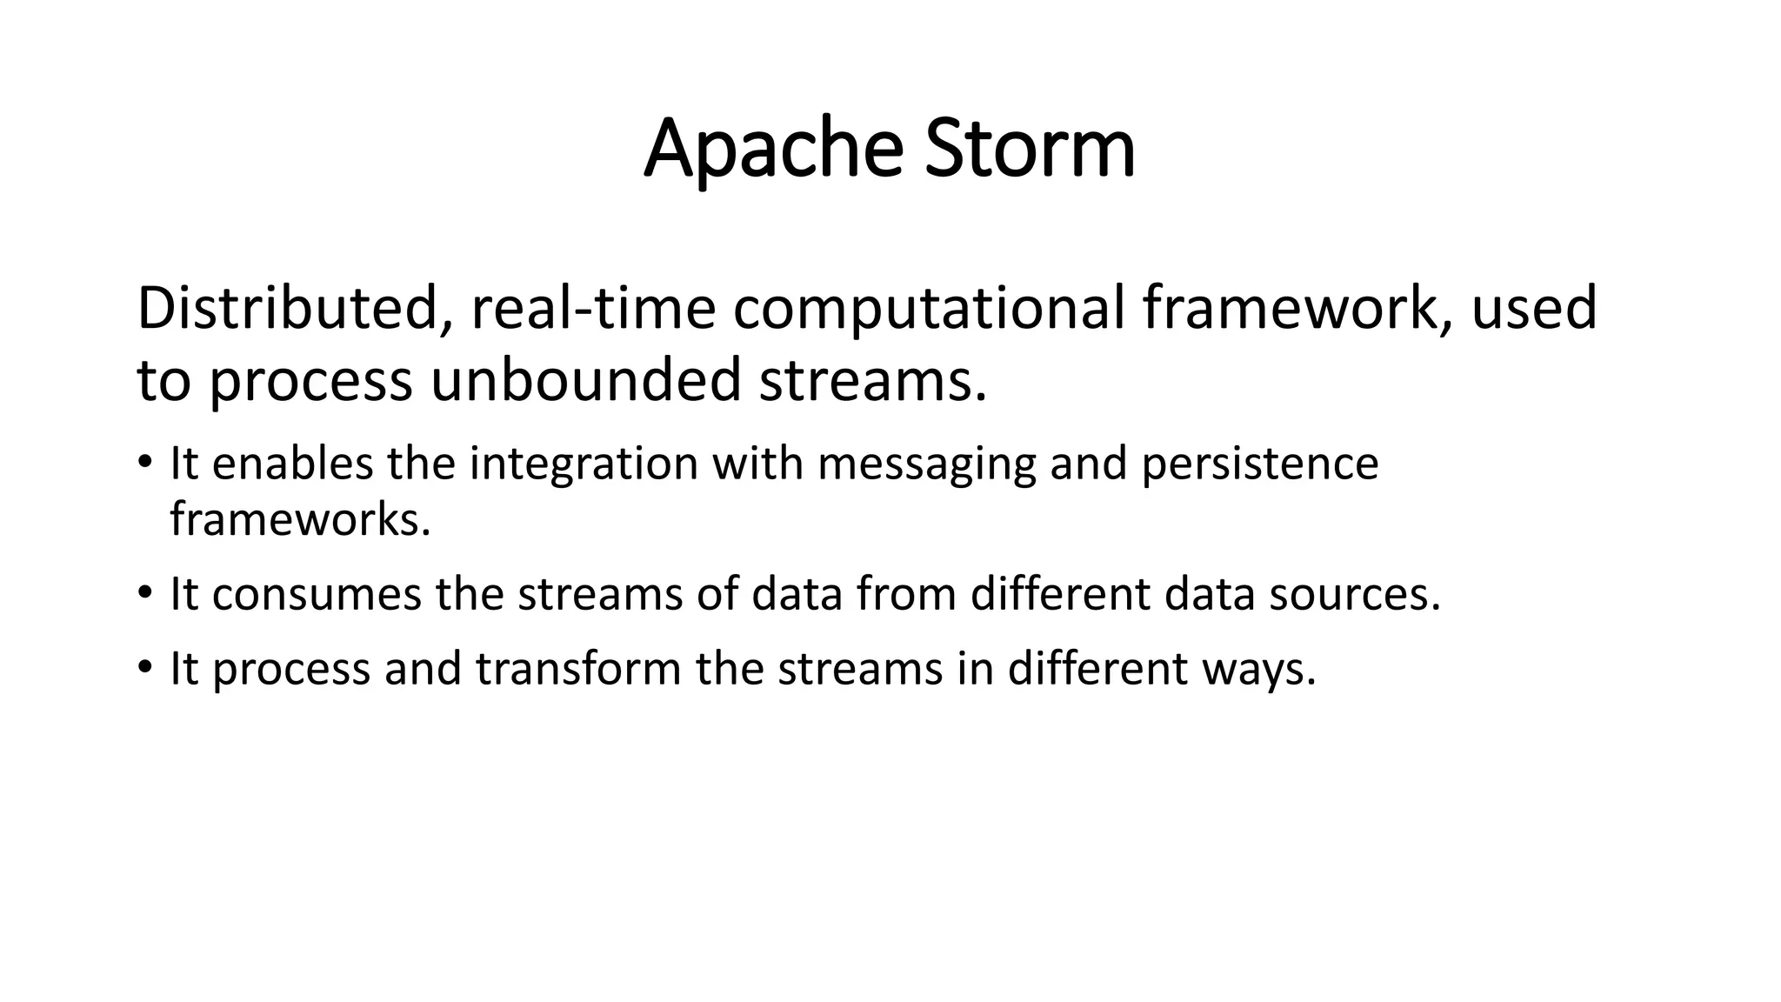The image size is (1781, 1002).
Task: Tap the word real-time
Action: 593,309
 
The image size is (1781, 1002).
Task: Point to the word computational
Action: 928,309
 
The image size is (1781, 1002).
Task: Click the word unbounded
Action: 584,381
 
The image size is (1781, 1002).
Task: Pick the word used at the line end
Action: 1533,309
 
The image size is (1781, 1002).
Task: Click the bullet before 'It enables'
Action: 144,460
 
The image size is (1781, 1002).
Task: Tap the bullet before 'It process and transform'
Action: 144,667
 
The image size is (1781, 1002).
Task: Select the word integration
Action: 584,463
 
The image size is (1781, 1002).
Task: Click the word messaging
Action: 926,463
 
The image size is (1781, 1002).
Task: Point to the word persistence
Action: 1259,463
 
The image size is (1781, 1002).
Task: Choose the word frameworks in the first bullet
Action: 299,519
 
